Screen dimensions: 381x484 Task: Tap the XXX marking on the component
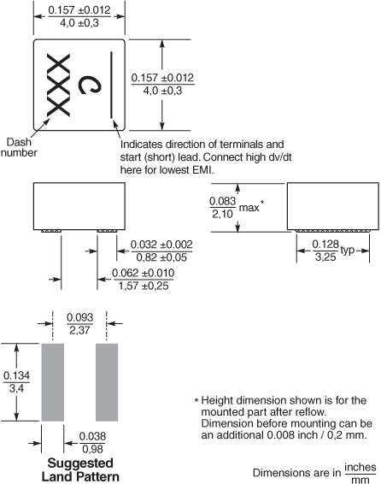[x=58, y=86]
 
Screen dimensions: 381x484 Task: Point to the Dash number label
[x=19, y=147]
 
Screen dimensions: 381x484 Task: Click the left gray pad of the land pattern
[x=53, y=382]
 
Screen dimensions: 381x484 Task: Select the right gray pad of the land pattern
[x=107, y=382]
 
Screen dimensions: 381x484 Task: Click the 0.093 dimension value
[x=79, y=317]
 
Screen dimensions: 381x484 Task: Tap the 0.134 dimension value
[x=16, y=375]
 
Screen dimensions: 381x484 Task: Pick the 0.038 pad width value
[x=92, y=436]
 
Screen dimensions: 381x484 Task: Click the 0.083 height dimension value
[x=223, y=201]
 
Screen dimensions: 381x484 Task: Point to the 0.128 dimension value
[x=325, y=245]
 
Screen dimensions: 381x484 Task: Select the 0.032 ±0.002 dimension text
[x=161, y=245]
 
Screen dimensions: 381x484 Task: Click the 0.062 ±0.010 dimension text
[x=143, y=273]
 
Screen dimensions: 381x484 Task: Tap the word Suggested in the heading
[x=80, y=463]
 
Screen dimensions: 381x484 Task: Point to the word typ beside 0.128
[x=348, y=251]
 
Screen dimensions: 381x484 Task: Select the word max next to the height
[x=249, y=208]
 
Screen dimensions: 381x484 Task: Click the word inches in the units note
[x=360, y=468]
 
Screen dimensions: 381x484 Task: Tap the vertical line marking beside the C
[x=111, y=85]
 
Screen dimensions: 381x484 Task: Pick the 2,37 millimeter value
[x=79, y=330]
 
